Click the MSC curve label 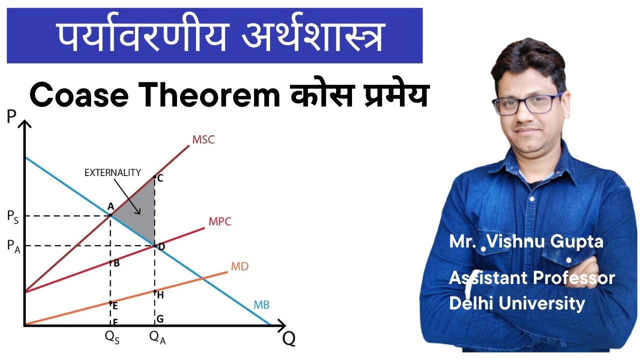(203, 139)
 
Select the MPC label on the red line (220, 221)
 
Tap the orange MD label (239, 266)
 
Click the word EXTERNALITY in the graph (112, 173)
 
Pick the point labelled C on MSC (160, 177)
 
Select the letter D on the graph (161, 246)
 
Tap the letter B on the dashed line (116, 263)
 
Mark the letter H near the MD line (160, 295)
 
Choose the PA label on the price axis (12, 246)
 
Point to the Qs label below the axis (112, 337)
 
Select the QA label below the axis (157, 337)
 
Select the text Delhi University (517, 303)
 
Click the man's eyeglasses (527, 104)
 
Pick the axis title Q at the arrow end (288, 338)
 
